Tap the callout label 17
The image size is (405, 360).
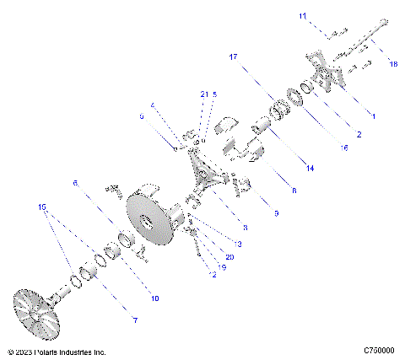click(234, 56)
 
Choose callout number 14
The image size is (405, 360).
click(310, 169)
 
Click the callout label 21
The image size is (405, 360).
click(203, 94)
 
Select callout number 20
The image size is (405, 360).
click(229, 256)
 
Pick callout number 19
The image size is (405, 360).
click(222, 266)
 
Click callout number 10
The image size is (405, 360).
click(154, 298)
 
